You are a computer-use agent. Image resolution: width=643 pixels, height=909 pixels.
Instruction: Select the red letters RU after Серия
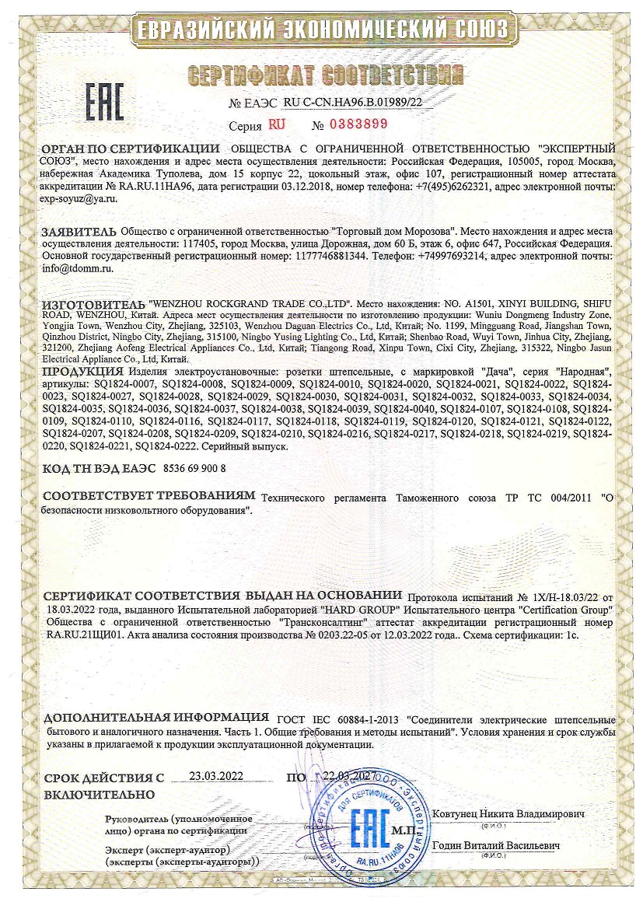pyautogui.click(x=277, y=124)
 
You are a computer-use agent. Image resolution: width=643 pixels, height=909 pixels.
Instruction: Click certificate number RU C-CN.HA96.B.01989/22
pyautogui.click(x=353, y=102)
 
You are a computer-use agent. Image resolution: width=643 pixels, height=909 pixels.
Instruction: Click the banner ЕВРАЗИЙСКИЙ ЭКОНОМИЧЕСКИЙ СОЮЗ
pyautogui.click(x=322, y=30)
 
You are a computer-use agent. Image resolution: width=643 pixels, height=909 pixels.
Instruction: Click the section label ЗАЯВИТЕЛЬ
pyautogui.click(x=80, y=231)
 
